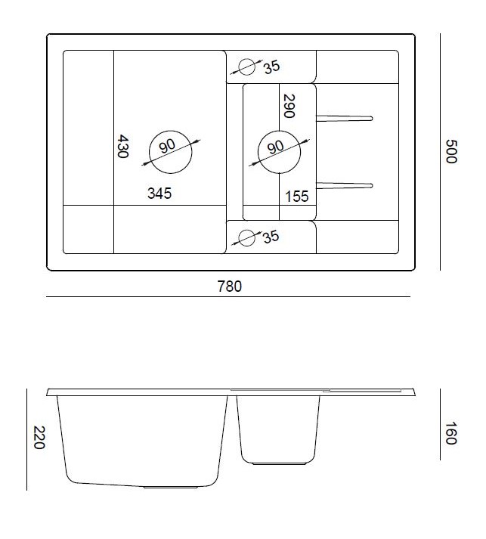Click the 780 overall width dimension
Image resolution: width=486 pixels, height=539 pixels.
point(229,287)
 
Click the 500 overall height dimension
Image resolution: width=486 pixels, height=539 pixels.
point(451,151)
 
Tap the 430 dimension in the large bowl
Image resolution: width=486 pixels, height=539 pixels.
point(122,146)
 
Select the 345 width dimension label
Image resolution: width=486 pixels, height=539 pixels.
point(159,194)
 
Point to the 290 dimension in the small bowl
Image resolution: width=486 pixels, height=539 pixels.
point(289,106)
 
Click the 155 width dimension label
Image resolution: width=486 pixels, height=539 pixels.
point(297,197)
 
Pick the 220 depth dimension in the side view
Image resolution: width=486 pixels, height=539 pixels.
point(39,437)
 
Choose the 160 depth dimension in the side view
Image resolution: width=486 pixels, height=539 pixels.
point(451,433)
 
